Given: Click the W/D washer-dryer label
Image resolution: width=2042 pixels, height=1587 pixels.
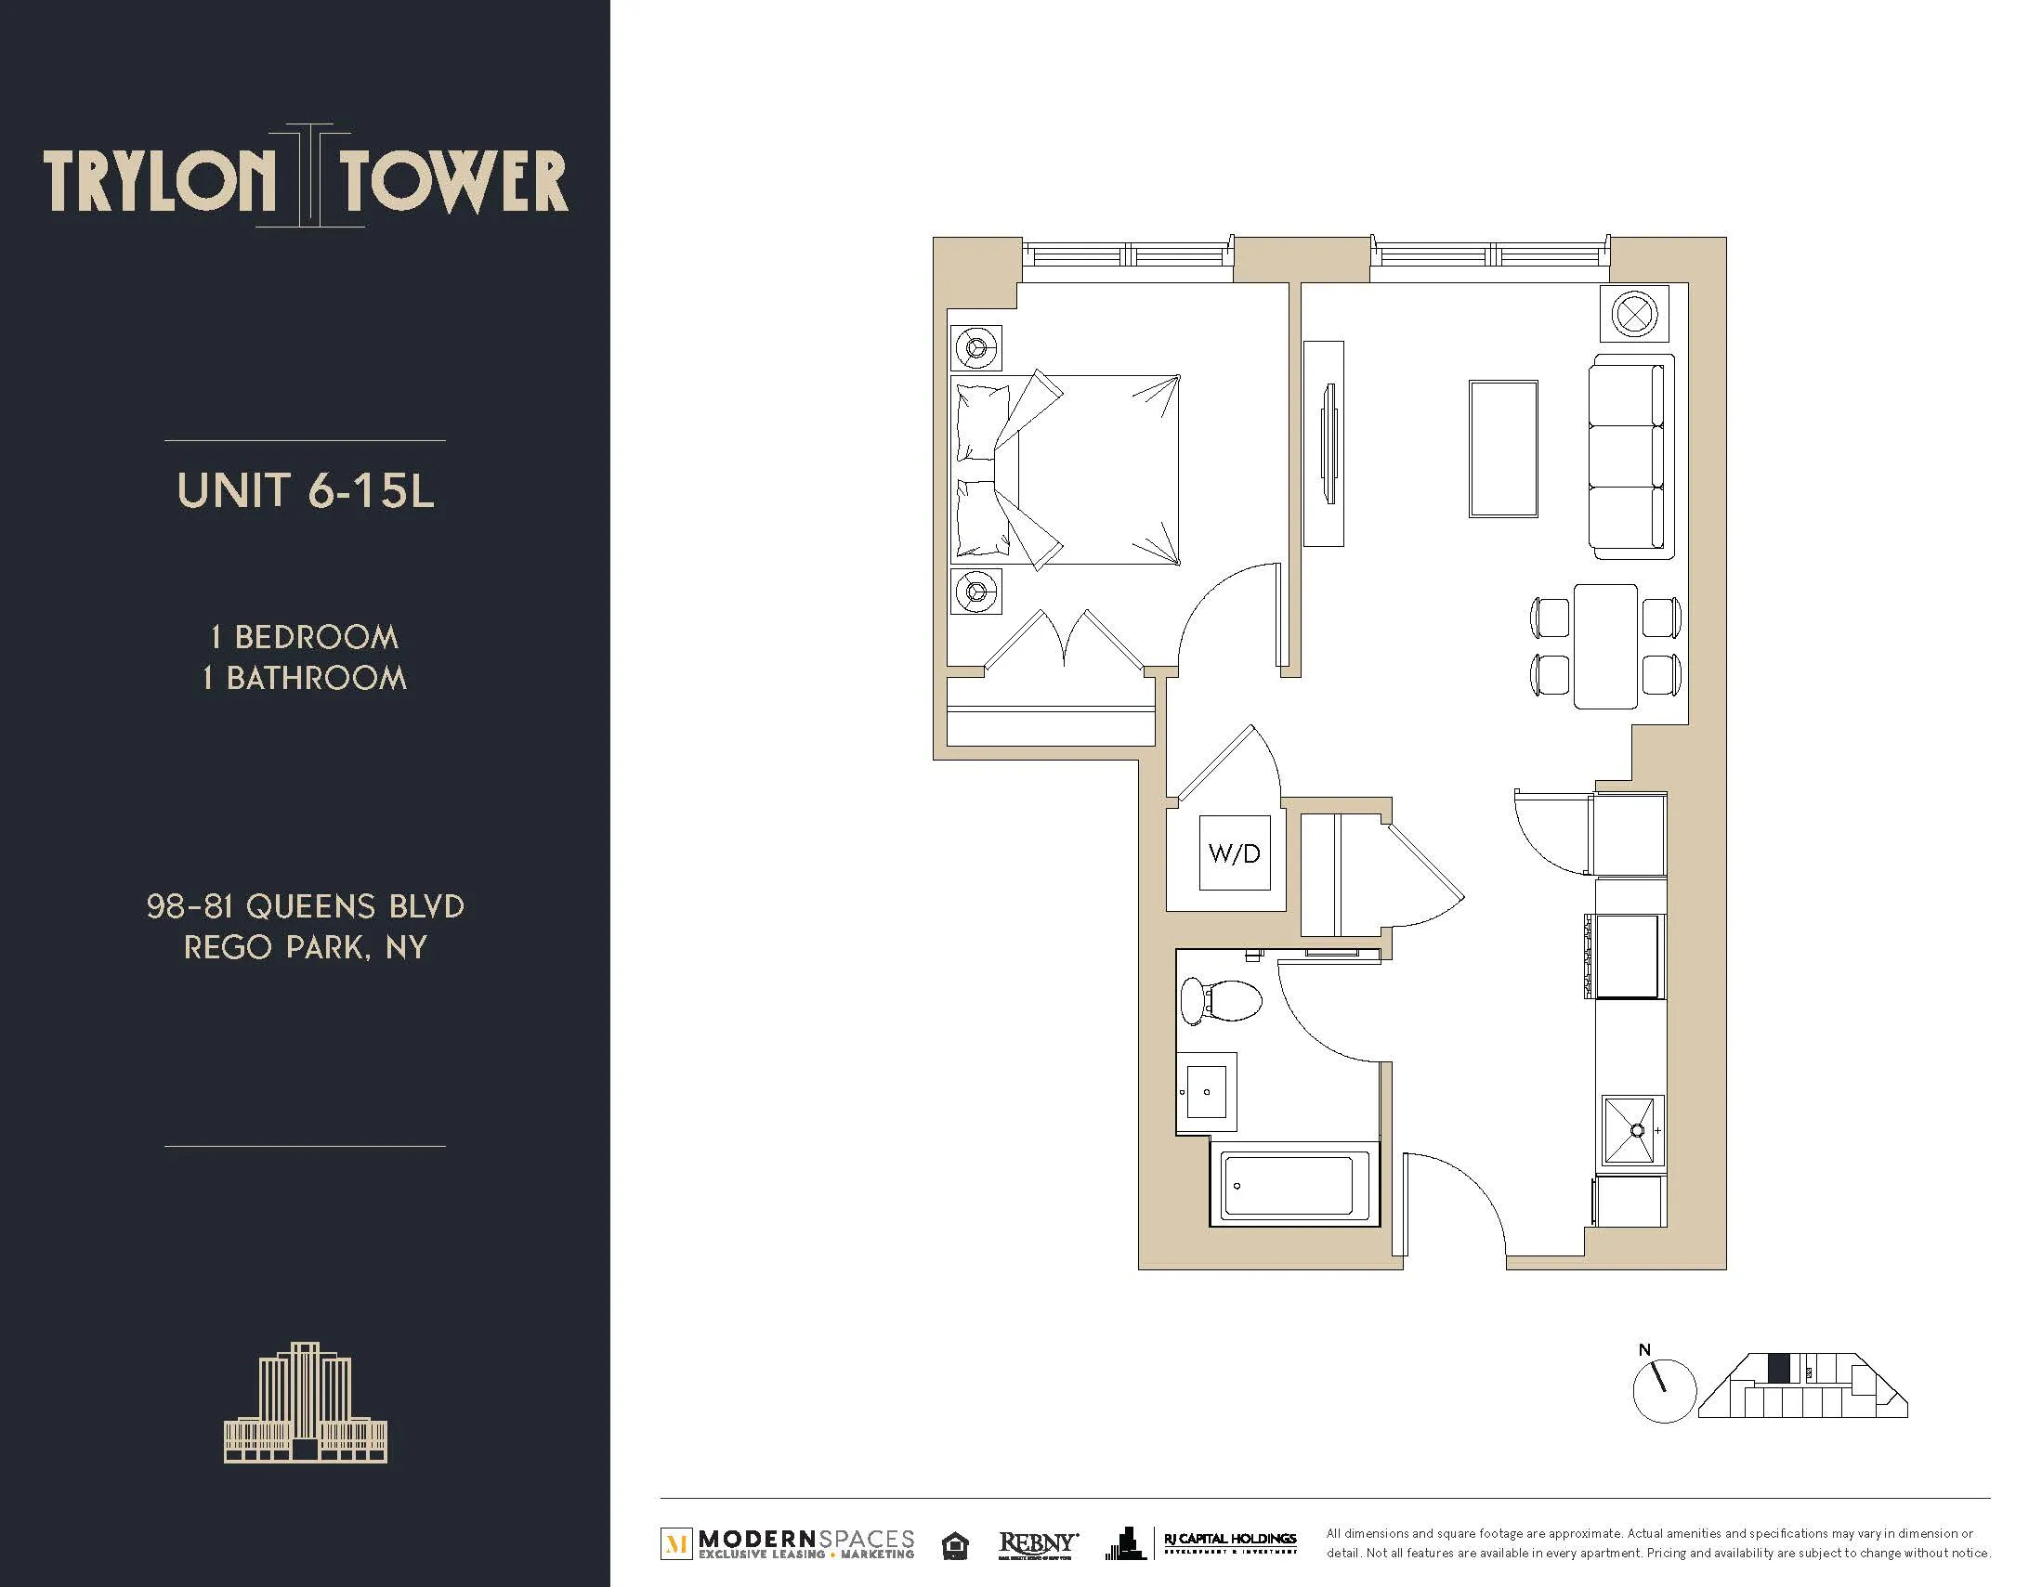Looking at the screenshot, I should point(1234,853).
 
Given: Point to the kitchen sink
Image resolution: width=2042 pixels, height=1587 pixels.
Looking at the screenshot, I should point(1632,1130).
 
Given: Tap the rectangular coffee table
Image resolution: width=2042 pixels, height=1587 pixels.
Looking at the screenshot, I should point(1502,449).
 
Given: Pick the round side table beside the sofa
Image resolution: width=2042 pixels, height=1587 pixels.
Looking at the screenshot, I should point(1634,313).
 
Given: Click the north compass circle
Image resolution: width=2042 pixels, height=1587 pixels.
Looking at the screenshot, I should point(1663,1391).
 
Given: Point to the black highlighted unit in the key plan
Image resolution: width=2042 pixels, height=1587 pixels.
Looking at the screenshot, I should point(1778,1369).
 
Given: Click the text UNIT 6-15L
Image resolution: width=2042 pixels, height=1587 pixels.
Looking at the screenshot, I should point(306,491).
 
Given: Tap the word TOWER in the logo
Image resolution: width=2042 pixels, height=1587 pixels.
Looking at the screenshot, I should point(452,182).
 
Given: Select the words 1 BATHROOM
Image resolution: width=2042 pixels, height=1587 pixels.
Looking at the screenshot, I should point(305,678).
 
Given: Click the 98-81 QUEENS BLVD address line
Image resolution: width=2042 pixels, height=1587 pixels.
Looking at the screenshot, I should point(305,906).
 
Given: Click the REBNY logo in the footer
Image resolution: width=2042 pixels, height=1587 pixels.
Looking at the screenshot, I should point(1038,1543).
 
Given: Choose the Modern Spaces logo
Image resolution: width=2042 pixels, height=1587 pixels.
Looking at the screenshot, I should point(788,1543).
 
